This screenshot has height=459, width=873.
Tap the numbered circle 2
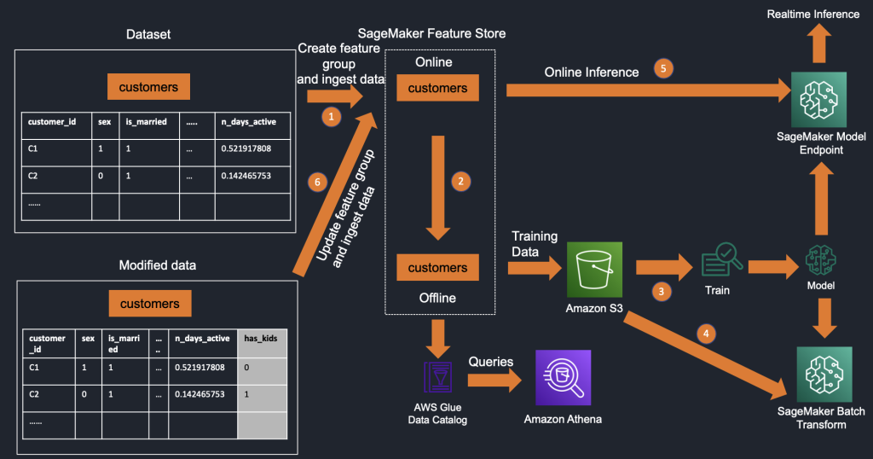click(x=460, y=181)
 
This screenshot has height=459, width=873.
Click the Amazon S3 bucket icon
click(x=594, y=268)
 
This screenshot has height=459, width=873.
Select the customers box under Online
click(x=437, y=88)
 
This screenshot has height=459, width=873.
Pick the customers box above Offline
click(x=437, y=268)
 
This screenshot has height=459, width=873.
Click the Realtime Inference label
click(x=813, y=15)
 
